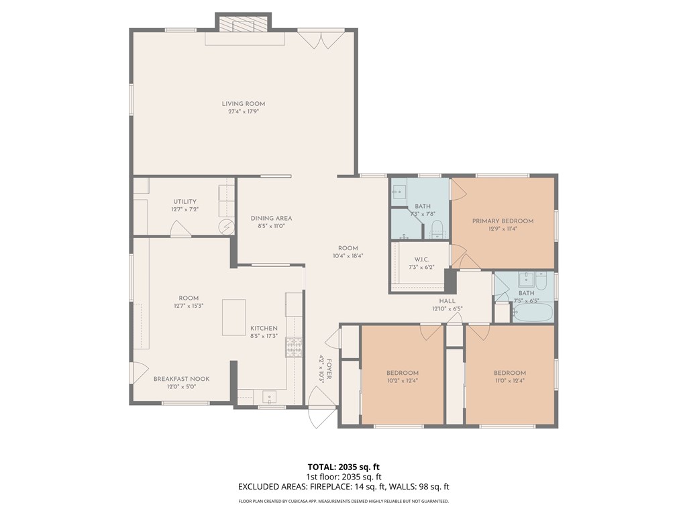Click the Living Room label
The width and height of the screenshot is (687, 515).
[244, 104]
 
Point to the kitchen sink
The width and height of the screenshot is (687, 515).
[272, 396]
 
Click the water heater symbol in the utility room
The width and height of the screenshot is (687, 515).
[227, 227]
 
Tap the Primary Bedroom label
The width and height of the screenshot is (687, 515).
[503, 221]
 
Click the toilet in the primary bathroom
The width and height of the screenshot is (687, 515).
[437, 227]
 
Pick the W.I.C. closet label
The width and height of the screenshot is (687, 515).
[422, 260]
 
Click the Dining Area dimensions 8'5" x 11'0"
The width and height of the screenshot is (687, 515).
[271, 227]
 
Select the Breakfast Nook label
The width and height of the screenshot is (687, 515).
[181, 379]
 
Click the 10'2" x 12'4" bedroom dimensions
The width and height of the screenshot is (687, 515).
[402, 382]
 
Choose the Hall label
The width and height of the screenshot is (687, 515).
[447, 301]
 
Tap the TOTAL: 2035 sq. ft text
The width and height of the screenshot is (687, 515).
[343, 467]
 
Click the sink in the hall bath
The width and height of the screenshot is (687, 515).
[525, 280]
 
